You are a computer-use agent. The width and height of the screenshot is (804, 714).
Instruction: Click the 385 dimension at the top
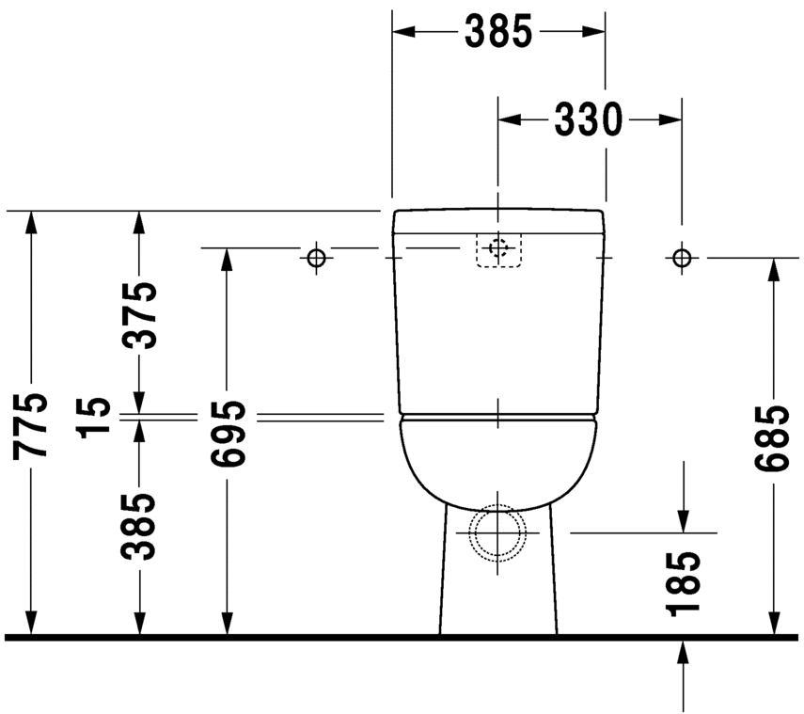pyautogui.click(x=497, y=33)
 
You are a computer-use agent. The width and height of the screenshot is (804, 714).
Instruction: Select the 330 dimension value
pyautogui.click(x=588, y=120)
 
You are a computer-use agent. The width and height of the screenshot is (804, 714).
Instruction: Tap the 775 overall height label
pyautogui.click(x=30, y=425)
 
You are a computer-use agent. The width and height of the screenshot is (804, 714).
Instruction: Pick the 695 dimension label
pyautogui.click(x=227, y=434)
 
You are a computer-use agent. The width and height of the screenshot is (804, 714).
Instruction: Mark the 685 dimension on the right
pyautogui.click(x=773, y=438)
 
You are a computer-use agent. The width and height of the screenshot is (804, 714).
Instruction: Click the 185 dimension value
pyautogui.click(x=684, y=584)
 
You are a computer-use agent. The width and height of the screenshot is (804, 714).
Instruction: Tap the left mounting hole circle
pyautogui.click(x=316, y=256)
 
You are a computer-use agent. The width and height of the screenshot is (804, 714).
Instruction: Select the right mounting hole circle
pyautogui.click(x=682, y=256)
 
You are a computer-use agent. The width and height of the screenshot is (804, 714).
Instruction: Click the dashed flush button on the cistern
pyautogui.click(x=498, y=249)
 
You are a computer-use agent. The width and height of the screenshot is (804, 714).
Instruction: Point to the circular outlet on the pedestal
pyautogui.click(x=498, y=532)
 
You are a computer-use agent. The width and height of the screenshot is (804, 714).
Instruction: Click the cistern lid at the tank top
pyautogui.click(x=498, y=220)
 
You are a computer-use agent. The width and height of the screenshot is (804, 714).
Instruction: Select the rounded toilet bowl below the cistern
pyautogui.click(x=498, y=461)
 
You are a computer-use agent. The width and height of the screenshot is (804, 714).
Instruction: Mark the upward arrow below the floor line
pyautogui.click(x=684, y=654)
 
